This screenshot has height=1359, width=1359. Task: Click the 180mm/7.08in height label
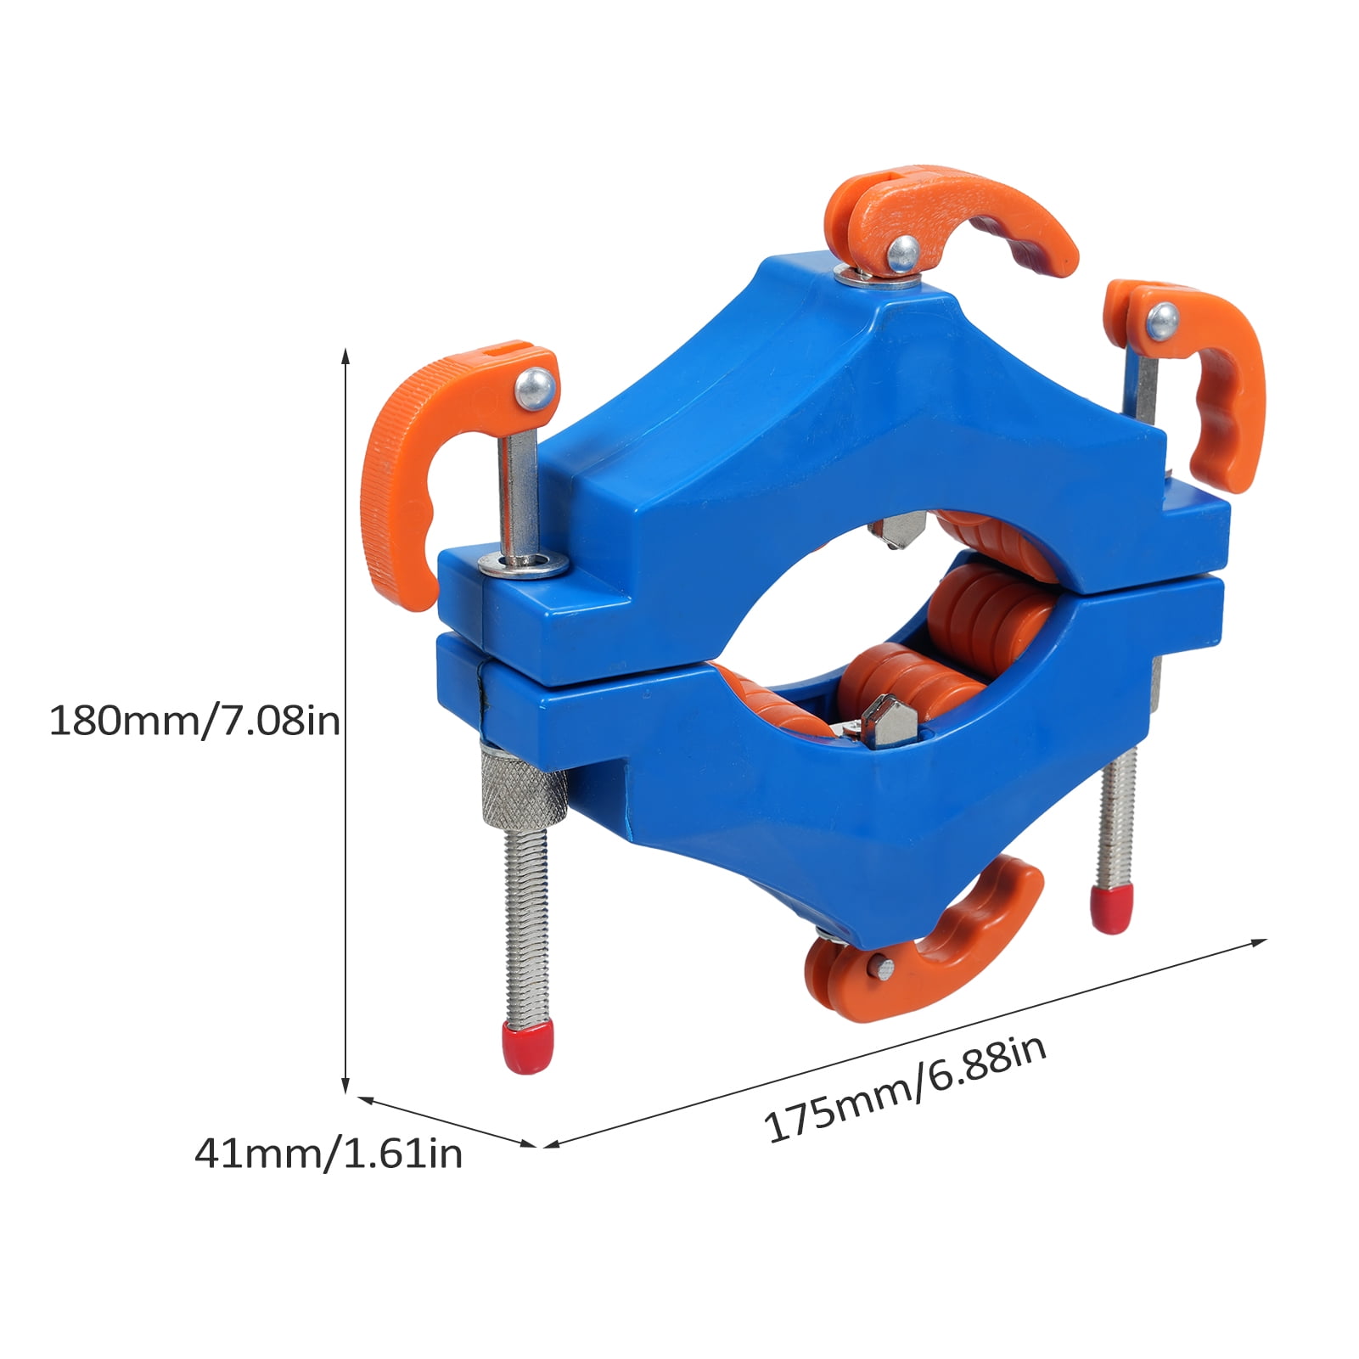(x=194, y=722)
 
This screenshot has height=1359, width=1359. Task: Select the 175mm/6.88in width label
(x=905, y=1089)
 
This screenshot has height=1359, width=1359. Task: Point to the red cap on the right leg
(x=1104, y=909)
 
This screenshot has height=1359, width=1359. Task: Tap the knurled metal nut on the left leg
(x=524, y=788)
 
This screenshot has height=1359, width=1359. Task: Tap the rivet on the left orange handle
(x=536, y=389)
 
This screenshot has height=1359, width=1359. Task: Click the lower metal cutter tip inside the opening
(x=887, y=721)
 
